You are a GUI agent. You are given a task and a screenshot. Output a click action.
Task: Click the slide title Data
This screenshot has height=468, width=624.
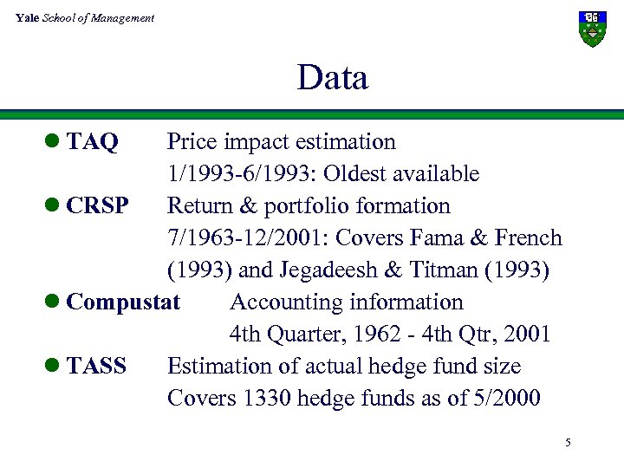332,78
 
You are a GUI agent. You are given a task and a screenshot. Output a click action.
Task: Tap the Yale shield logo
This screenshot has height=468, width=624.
593,29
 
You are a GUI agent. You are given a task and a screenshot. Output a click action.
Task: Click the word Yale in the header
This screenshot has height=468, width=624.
26,17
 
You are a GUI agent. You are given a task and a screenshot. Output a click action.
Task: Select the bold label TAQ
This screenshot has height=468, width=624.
92,142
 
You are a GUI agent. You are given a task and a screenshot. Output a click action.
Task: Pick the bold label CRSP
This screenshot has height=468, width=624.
97,206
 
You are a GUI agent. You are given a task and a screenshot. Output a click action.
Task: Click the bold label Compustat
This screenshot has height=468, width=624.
123,302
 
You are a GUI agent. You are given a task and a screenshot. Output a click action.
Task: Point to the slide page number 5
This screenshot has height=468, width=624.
568,443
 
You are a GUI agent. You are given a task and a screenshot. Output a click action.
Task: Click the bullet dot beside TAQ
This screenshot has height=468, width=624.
54,142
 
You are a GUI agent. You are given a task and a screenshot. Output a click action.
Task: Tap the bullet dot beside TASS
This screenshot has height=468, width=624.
54,367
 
